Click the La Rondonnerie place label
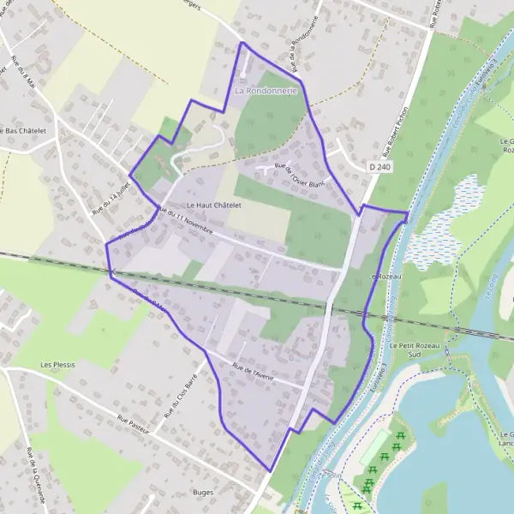266,90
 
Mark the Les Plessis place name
58,364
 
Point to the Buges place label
204,493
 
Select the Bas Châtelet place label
26,130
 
